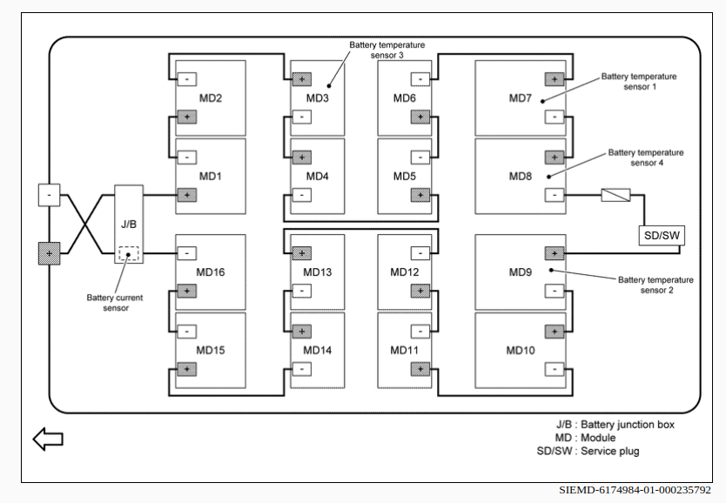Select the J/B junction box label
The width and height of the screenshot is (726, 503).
pyautogui.click(x=128, y=224)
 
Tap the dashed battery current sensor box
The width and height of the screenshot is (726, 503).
pyautogui.click(x=128, y=254)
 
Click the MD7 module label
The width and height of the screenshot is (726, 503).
pyautogui.click(x=521, y=98)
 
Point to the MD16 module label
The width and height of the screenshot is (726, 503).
pyautogui.click(x=210, y=272)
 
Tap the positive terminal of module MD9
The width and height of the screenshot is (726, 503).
pyautogui.click(x=554, y=253)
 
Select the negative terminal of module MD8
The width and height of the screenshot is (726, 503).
pyautogui.click(x=554, y=195)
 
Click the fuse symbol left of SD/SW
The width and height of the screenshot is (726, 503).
pyautogui.click(x=615, y=195)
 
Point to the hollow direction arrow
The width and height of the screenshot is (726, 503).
pyautogui.click(x=48, y=439)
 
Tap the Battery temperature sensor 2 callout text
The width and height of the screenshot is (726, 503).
pyautogui.click(x=655, y=285)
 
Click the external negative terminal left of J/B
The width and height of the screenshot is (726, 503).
pyautogui.click(x=49, y=195)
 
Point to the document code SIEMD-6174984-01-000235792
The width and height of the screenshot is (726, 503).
pyautogui.click(x=635, y=491)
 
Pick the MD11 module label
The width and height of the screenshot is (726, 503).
pyautogui.click(x=405, y=350)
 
